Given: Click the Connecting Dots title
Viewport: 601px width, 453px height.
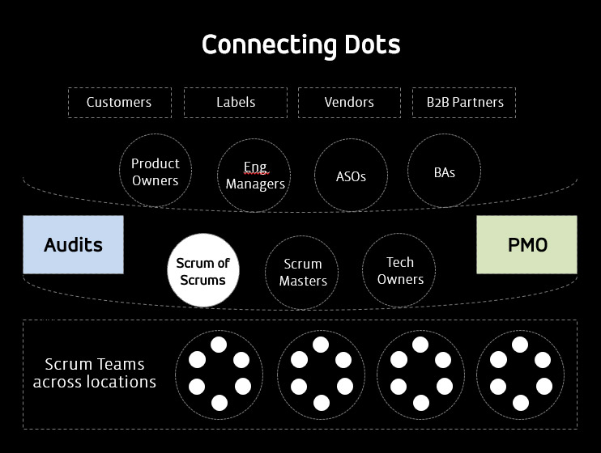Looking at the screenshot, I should coord(300,44).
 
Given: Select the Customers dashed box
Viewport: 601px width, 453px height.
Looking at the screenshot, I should coord(119,103).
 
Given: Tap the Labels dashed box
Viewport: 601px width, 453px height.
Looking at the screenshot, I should coord(236,103).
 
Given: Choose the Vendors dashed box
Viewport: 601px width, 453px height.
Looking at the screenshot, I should coord(349,103).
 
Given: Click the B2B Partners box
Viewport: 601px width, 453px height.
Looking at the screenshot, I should coord(464,103).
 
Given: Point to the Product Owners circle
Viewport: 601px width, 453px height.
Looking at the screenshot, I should coord(156,171).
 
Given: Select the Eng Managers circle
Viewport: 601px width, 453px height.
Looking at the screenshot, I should coord(255,176).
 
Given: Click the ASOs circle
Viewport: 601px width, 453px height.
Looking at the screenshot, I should coord(351,176).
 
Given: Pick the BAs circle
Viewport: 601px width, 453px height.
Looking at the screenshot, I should coord(444,171).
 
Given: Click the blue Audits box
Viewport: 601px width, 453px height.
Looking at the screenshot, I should coord(73,244).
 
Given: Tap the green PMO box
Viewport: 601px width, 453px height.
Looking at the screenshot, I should coord(527,244).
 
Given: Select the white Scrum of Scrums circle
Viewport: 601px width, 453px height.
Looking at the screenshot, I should coord(203,272).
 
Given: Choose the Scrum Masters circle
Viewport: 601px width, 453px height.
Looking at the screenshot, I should coord(303,273).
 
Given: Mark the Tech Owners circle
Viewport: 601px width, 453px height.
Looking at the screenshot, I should coord(400,271).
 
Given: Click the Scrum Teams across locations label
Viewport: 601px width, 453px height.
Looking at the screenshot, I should coord(94,374).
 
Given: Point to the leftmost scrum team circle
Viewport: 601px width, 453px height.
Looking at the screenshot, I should coord(219,374).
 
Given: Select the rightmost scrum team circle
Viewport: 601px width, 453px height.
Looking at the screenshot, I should coord(520,374).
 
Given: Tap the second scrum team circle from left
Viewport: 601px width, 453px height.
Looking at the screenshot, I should coord(321,374).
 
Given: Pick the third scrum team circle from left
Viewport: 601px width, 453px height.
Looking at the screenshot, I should coord(420,374).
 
